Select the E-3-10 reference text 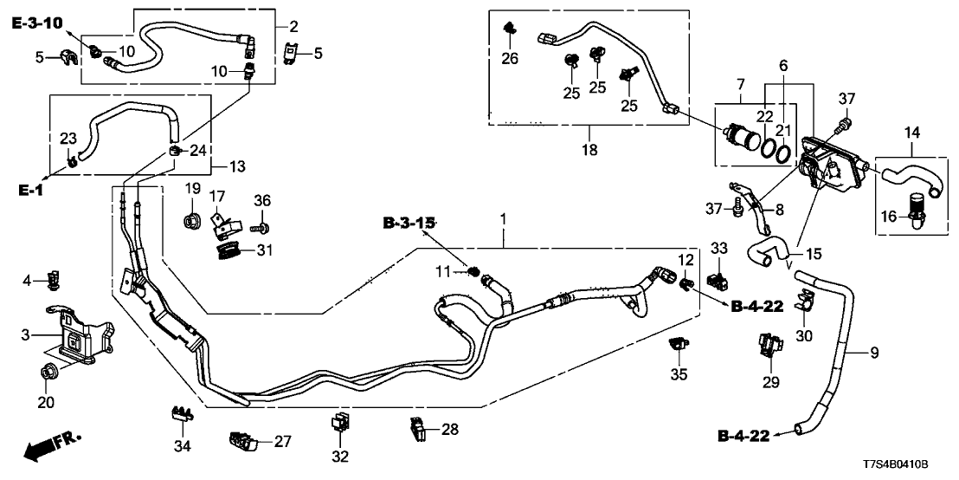click(37, 23)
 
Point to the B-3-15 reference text click(409, 223)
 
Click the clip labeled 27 click(243, 442)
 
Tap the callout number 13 click(239, 165)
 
